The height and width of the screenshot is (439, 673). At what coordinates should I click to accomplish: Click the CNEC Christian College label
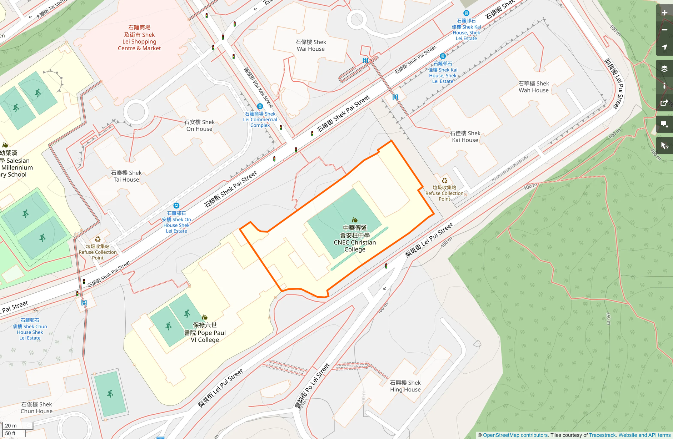[355, 238]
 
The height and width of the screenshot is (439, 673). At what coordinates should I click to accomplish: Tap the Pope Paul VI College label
[205, 332]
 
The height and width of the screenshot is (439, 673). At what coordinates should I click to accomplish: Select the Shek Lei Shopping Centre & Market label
[139, 38]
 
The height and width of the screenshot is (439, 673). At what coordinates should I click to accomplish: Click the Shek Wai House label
[311, 45]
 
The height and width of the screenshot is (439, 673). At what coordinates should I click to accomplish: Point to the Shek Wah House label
[534, 87]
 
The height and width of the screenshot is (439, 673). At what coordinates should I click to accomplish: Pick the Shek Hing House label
[405, 386]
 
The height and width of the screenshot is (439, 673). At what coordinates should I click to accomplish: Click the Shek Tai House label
[126, 176]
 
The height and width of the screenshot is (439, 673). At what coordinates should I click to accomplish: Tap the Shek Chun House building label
[36, 408]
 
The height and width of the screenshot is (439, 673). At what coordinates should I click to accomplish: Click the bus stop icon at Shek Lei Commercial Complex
[260, 106]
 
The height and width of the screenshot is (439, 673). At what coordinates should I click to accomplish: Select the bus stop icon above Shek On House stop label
[176, 206]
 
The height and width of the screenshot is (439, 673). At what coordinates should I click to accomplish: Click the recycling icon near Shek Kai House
[444, 181]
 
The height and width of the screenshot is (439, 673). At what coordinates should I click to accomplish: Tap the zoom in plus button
[664, 13]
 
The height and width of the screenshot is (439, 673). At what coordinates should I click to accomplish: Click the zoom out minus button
[664, 30]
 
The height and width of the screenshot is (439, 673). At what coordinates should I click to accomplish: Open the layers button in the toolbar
[664, 69]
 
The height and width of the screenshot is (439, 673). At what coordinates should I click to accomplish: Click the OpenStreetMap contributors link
[515, 435]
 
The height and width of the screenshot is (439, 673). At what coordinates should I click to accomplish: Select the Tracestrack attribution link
[602, 435]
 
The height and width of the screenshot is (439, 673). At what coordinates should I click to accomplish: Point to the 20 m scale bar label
[11, 425]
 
